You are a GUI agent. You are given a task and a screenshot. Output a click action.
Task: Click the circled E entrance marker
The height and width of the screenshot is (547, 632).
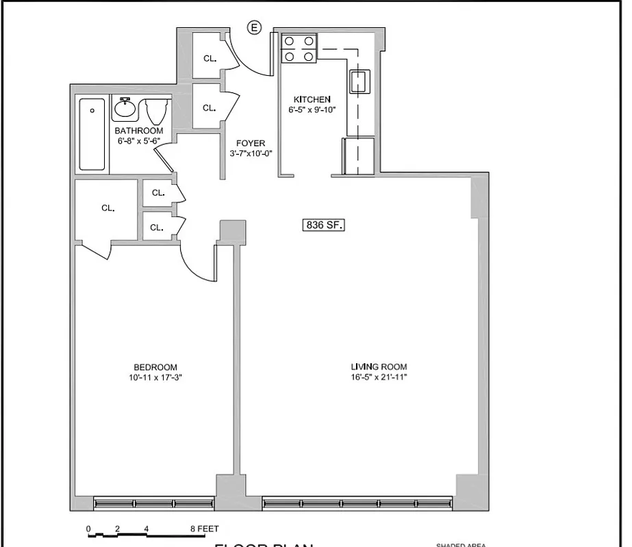tap(255, 27)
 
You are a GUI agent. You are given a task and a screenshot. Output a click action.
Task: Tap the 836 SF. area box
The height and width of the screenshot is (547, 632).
tap(323, 225)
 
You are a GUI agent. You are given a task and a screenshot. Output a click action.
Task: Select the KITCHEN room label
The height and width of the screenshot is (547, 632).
tap(312, 99)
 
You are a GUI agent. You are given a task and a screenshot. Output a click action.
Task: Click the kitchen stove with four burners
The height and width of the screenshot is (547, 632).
tap(299, 49)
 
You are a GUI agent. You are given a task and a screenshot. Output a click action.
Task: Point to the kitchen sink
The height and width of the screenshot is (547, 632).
tap(359, 81)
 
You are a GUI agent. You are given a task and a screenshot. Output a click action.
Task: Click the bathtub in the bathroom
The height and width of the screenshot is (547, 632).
tap(92, 134)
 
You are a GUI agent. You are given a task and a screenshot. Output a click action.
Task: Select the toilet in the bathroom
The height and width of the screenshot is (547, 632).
tap(157, 111)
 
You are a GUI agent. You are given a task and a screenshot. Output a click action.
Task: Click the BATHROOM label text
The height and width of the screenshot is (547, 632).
tap(139, 131)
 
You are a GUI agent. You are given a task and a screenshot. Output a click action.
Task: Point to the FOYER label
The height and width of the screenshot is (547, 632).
tap(251, 143)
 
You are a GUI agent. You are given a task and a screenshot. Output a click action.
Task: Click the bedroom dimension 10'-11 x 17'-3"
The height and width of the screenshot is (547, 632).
tap(155, 377)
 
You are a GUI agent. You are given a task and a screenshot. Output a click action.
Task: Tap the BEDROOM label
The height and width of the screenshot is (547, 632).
tap(155, 366)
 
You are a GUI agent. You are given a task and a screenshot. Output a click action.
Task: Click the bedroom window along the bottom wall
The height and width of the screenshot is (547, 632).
tap(153, 503)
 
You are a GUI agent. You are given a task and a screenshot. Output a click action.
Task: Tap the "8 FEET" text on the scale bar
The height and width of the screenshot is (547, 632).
tap(205, 529)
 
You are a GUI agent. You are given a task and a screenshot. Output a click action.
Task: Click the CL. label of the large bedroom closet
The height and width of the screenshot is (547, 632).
tap(108, 208)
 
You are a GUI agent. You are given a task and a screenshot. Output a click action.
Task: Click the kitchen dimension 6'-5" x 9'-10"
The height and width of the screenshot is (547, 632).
tap(312, 109)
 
